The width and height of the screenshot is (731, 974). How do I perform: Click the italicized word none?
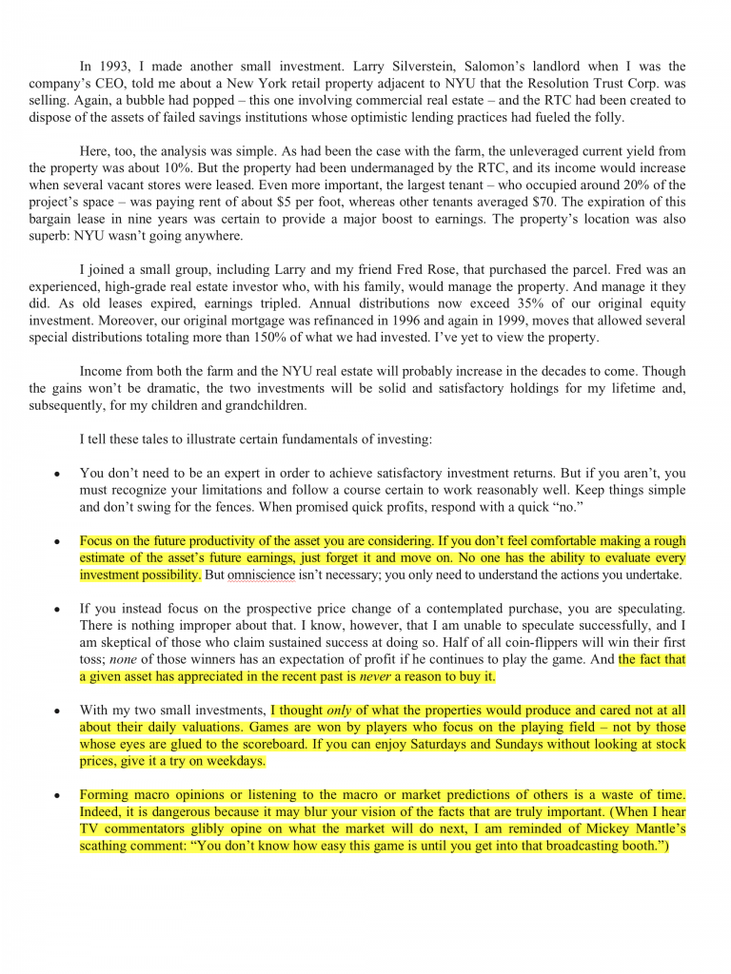click(121, 659)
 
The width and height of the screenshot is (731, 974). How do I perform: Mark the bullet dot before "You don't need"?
click(57, 474)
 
